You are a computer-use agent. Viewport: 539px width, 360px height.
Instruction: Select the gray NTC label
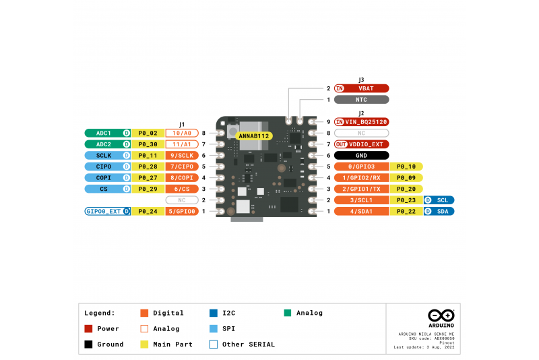tap(362, 100)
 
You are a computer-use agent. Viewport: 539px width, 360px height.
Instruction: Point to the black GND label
tap(362, 155)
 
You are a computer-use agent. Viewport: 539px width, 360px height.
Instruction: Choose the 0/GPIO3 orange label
tap(362, 167)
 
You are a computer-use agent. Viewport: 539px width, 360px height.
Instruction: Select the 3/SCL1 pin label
tap(362, 200)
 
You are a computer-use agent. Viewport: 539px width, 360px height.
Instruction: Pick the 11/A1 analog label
tap(182, 144)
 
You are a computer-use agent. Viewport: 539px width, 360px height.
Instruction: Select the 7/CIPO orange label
tap(182, 167)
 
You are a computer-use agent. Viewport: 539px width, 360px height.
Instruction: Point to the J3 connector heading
tap(362, 80)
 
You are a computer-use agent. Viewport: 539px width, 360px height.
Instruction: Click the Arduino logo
tap(441, 316)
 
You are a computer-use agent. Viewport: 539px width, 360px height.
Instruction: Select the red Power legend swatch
tap(88, 329)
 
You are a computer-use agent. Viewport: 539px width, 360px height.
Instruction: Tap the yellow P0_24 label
tap(148, 212)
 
